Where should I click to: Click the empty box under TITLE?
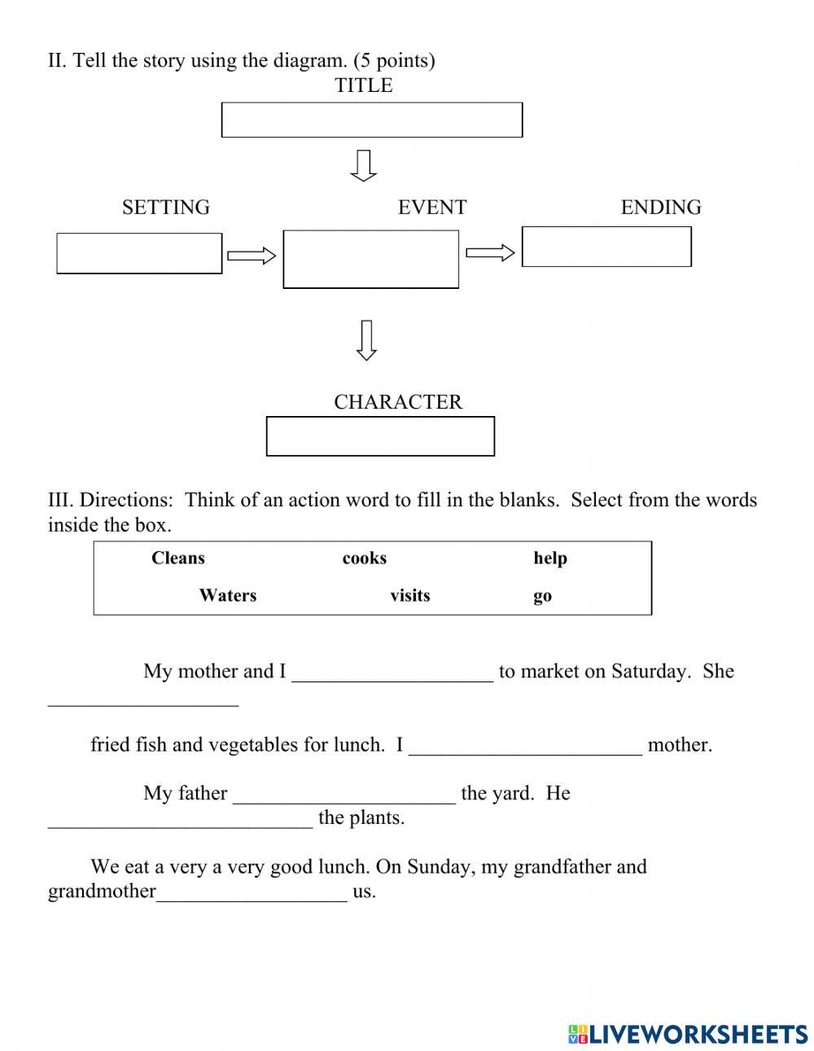tap(371, 120)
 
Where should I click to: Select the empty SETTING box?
tap(139, 253)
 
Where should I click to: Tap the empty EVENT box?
tap(370, 259)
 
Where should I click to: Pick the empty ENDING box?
tap(606, 246)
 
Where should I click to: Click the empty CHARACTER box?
tap(380, 436)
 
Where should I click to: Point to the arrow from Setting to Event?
tap(252, 256)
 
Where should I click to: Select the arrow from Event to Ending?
tap(490, 253)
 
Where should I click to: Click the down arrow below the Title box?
tap(364, 165)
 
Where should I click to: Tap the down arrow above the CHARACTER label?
tap(366, 340)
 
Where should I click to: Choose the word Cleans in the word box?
tap(178, 558)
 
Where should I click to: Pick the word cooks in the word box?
tap(364, 558)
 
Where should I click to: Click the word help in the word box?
tap(550, 558)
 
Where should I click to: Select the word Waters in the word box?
tap(228, 595)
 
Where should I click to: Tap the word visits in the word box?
tap(409, 595)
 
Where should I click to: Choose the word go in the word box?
tap(542, 596)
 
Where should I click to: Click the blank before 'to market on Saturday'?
tap(392, 672)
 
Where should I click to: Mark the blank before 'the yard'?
tap(344, 795)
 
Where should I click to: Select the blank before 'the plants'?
tap(180, 819)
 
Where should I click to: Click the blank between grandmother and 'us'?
tap(252, 892)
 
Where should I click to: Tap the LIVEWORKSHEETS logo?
tap(688, 1034)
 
